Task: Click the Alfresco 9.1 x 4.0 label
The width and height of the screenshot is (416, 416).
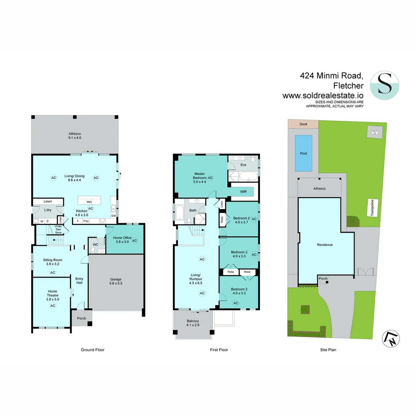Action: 75,135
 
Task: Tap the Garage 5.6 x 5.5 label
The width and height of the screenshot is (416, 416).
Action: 116,281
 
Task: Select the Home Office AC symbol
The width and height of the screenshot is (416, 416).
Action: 134,240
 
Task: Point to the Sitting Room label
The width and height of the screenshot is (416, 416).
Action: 52,262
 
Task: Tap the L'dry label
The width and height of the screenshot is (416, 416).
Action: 47,210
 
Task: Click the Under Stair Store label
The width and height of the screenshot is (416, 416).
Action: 58,229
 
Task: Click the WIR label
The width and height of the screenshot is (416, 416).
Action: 243,191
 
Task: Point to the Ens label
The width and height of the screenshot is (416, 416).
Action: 243,165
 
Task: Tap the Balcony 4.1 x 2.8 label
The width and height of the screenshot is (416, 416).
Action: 193,323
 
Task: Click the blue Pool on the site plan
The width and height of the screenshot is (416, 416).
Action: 304,153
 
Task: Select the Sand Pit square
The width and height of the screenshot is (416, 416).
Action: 374,132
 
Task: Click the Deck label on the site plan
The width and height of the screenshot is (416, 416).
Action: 303,124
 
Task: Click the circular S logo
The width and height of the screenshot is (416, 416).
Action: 384,85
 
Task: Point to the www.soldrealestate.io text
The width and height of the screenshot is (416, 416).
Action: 323,96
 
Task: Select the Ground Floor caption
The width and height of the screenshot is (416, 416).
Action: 92,350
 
